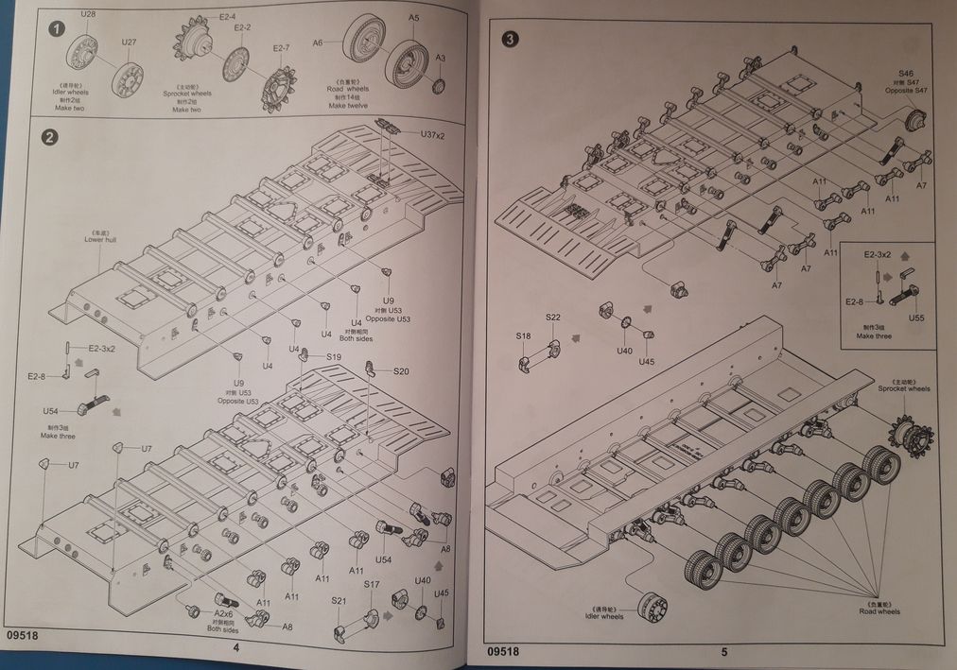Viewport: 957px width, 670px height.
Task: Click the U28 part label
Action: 89,14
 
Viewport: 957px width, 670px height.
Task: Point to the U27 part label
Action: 129,43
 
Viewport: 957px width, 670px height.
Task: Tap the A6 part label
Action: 318,43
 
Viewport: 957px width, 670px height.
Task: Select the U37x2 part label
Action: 433,135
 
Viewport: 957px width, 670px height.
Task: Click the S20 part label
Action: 402,371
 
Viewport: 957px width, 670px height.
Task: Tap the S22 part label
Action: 553,317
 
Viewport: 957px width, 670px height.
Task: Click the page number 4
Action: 236,647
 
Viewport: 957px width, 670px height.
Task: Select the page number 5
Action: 723,651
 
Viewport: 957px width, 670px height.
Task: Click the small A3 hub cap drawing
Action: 438,86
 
